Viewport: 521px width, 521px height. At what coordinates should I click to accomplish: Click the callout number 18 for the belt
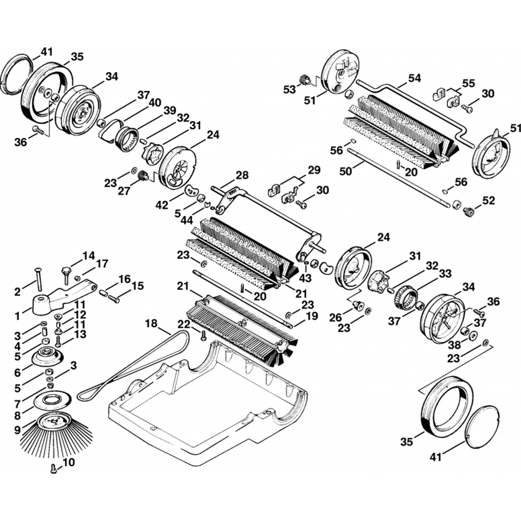pyautogui.click(x=151, y=324)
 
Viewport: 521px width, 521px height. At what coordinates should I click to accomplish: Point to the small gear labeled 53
pyautogui.click(x=305, y=80)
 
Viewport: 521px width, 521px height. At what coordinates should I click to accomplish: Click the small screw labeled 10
pyautogui.click(x=53, y=468)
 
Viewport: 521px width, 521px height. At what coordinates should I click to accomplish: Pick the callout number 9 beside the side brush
pyautogui.click(x=17, y=430)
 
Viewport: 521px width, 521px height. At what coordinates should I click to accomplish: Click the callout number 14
pyautogui.click(x=89, y=256)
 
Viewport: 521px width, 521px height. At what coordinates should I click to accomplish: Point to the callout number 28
pyautogui.click(x=242, y=175)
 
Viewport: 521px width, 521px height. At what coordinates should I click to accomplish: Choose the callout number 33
pyautogui.click(x=444, y=272)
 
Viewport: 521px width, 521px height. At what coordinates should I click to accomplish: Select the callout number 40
pyautogui.click(x=155, y=102)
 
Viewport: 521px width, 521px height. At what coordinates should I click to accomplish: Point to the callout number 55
pyautogui.click(x=469, y=83)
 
